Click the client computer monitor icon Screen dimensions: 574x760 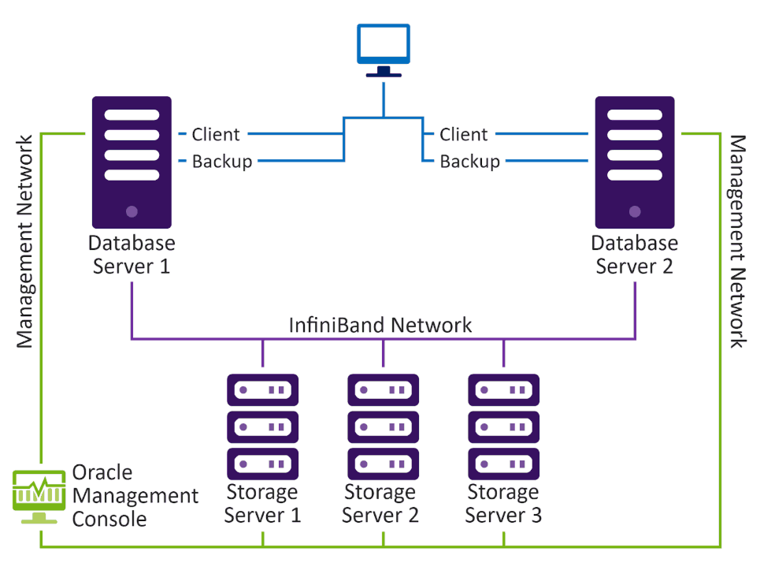coord(384,46)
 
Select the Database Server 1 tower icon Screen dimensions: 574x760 coord(132,162)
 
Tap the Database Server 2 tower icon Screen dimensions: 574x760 coord(635,162)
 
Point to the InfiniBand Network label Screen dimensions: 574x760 coord(380,324)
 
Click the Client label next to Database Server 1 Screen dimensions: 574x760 coord(216,135)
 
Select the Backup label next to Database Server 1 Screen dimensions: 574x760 coord(222,162)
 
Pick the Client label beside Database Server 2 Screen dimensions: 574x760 coord(464,135)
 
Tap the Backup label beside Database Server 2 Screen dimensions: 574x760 coord(470,162)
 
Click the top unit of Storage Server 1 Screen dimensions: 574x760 coord(263,389)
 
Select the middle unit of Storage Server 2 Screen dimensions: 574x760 coord(384,427)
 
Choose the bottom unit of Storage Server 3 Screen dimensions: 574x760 coord(504,463)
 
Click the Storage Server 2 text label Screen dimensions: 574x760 coord(380,505)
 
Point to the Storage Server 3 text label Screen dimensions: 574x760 coord(503,505)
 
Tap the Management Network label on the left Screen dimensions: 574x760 coord(25,241)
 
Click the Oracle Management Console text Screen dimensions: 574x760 coord(134,496)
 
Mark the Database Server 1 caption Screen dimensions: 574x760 coord(132,254)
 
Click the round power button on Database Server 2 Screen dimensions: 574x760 coord(635,211)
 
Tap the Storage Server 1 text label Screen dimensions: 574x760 coord(262,505)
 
